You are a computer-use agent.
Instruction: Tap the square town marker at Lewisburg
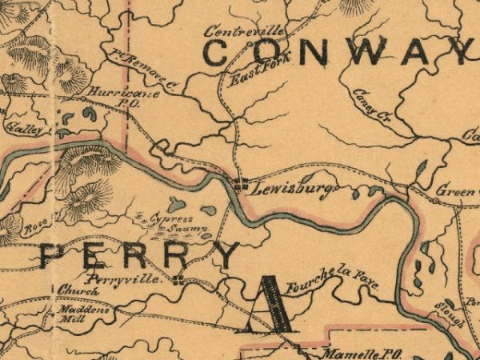pos(240,185)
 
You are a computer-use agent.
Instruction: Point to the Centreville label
pos(245,31)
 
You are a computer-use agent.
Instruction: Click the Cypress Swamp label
pos(178,222)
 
